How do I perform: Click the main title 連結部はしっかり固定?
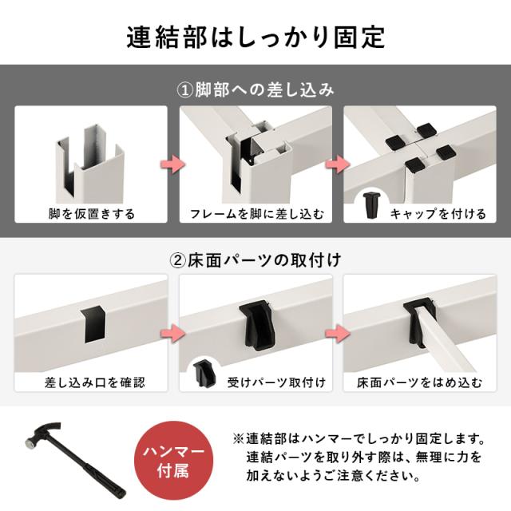[255, 36]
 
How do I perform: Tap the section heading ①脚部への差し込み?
[255, 89]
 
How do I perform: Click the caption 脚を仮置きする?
[91, 214]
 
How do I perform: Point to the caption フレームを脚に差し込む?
[256, 214]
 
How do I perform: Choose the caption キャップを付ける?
[438, 214]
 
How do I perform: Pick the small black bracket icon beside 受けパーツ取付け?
[204, 374]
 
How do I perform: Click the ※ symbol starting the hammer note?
[237, 440]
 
